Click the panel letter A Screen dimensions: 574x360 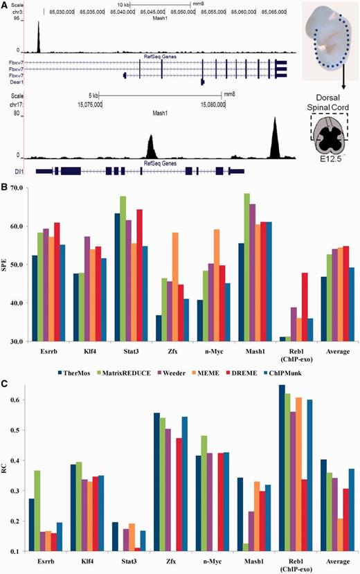click(x=5, y=5)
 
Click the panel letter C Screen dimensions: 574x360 click(x=5, y=380)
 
